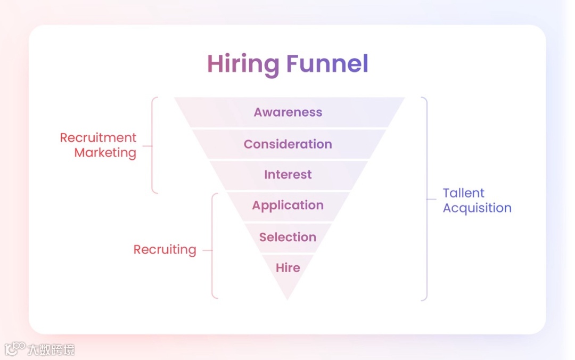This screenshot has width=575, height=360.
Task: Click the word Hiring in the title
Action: [243, 64]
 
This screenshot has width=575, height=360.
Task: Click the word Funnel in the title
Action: [327, 64]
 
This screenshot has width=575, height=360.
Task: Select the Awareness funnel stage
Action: [288, 112]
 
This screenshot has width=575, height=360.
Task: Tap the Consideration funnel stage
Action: [288, 144]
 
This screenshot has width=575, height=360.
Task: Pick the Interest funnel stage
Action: [288, 175]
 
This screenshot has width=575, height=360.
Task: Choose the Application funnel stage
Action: [288, 206]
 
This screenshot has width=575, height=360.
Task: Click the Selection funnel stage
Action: [288, 237]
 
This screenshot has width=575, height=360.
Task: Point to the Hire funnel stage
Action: [288, 268]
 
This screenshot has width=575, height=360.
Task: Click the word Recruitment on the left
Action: [98, 137]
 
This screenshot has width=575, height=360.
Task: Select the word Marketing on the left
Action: [105, 153]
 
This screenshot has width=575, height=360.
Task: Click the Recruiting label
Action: [165, 249]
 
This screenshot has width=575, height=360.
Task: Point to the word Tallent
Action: [464, 193]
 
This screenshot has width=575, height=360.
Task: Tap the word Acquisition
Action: [477, 208]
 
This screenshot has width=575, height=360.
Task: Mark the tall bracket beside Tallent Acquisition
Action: [426, 199]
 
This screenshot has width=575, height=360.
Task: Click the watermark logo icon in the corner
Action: [14, 349]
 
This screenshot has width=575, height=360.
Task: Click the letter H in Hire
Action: [280, 268]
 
